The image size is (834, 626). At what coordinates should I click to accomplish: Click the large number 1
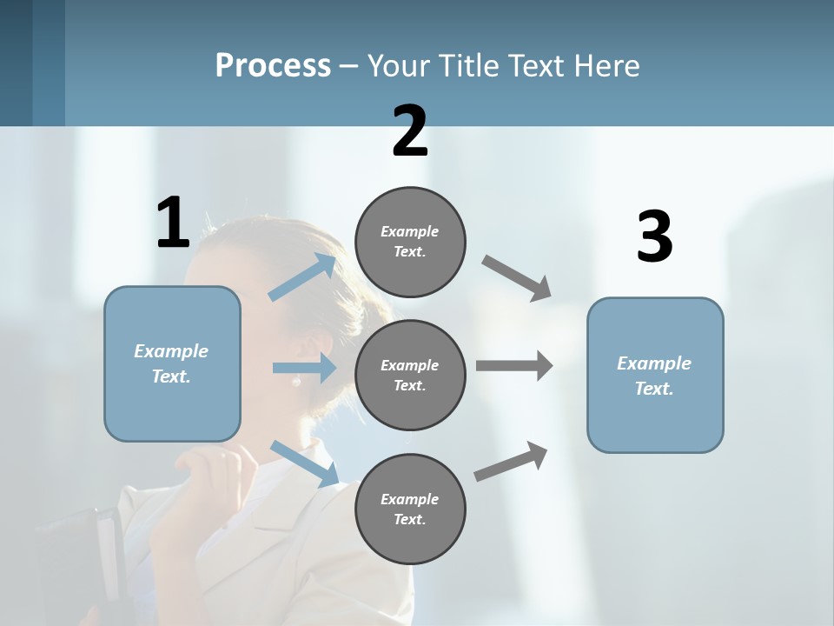point(173,223)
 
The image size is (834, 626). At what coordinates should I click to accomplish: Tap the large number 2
point(410,131)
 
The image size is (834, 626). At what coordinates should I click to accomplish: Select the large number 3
point(654,236)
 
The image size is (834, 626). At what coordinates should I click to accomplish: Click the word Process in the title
point(273,65)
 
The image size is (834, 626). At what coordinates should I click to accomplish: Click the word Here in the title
point(606,65)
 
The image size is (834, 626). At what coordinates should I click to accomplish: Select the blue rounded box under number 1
point(172,363)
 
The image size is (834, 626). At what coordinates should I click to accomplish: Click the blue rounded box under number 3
point(655,375)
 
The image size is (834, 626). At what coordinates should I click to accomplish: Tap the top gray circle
point(410,242)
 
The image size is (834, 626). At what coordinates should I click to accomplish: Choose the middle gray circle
point(410,375)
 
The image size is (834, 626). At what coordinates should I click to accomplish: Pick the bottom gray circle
point(410,509)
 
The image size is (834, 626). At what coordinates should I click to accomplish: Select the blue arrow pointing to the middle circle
point(304,368)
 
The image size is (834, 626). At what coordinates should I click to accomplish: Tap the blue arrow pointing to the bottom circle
point(305,463)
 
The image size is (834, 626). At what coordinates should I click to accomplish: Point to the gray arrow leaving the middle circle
point(514,366)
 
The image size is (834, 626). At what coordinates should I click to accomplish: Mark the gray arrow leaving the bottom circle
point(511,462)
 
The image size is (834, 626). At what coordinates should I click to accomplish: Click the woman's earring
point(296,381)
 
